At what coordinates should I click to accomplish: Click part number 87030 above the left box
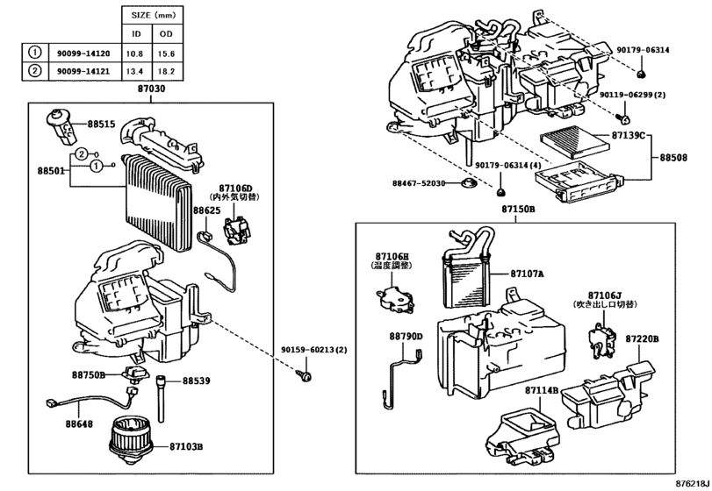point(150,89)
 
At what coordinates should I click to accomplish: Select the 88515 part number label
point(100,125)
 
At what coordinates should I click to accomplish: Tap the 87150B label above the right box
point(518,210)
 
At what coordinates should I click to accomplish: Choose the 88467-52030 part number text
point(420,182)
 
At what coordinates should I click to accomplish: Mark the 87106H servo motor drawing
point(395,300)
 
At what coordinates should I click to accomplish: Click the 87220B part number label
point(643,338)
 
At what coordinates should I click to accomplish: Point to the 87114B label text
point(542,389)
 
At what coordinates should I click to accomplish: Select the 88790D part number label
point(406,336)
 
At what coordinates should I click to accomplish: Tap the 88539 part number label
point(197,381)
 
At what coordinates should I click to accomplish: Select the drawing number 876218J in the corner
point(691,483)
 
